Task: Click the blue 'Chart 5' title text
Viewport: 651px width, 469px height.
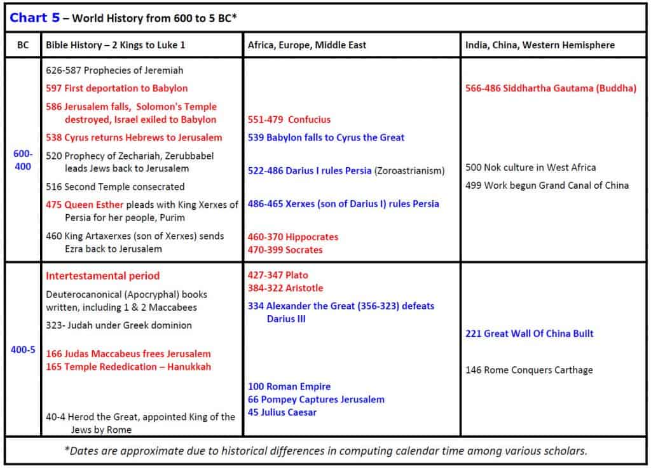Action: [x=35, y=18]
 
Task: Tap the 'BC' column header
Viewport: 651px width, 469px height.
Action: [x=22, y=45]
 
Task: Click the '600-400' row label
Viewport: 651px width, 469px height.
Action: [x=22, y=160]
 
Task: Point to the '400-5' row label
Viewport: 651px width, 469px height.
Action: [x=22, y=350]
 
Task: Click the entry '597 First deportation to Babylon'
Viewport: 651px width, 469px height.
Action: [x=116, y=88]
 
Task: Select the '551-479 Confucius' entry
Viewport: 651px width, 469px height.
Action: [x=289, y=119]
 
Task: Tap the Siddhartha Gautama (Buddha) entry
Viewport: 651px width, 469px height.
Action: [x=551, y=88]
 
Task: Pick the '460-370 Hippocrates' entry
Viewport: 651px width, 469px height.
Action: [x=293, y=237]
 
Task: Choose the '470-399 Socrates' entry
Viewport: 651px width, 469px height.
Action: [x=285, y=250]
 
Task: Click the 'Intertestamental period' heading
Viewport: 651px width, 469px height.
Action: [x=102, y=276]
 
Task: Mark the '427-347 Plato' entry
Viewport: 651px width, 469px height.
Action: [x=278, y=275]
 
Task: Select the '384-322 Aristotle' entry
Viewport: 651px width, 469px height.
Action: [x=285, y=288]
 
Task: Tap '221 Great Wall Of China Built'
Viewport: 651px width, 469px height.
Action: [x=530, y=334]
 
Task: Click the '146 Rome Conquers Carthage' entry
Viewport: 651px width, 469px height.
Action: [x=529, y=370]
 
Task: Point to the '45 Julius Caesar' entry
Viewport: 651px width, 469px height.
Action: [x=282, y=412]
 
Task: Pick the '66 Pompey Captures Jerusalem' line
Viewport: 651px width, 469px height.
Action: [x=316, y=400]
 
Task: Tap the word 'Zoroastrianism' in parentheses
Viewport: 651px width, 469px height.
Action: [x=409, y=171]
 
